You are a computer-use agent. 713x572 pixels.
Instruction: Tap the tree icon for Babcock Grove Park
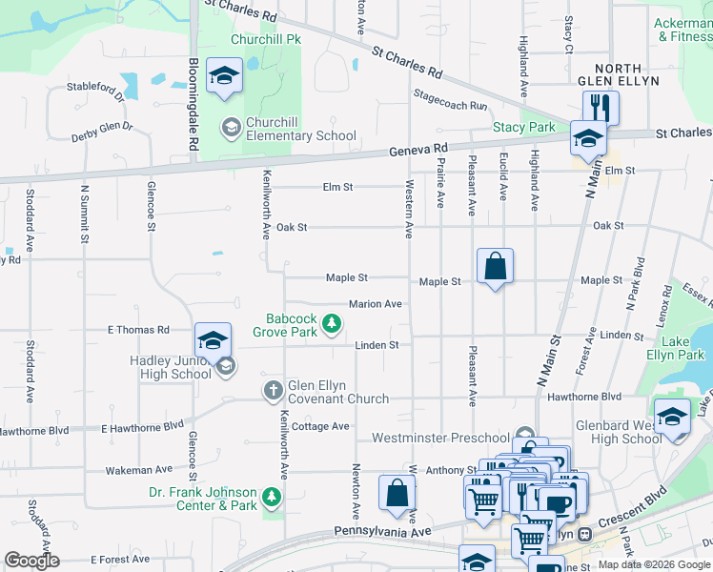332,325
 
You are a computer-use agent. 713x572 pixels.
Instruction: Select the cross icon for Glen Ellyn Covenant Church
273,390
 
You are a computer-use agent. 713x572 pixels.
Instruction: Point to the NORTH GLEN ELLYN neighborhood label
627,74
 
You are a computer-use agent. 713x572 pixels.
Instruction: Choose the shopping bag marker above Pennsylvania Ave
397,494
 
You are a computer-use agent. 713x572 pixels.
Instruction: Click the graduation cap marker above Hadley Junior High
214,340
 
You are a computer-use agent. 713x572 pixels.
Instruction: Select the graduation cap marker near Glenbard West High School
672,419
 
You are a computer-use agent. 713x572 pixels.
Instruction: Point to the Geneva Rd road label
418,151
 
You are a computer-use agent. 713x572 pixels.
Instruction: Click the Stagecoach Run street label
451,100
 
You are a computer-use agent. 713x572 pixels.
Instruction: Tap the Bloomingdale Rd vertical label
193,104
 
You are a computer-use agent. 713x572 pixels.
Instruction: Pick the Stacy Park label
523,127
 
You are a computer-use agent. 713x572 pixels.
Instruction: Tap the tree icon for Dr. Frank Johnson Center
273,496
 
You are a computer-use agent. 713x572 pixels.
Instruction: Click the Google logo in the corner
31,561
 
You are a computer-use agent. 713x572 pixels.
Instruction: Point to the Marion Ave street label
375,304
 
